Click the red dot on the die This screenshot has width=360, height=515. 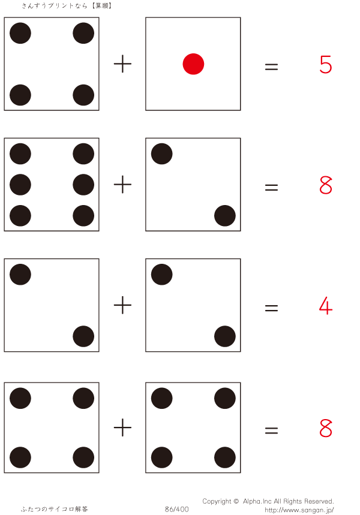click(193, 64)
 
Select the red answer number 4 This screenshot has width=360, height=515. click(326, 306)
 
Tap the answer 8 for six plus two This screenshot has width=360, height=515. click(326, 186)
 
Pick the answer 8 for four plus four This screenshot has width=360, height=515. click(326, 429)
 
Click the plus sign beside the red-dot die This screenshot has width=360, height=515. click(122, 64)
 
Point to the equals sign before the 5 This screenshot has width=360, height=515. click(271, 67)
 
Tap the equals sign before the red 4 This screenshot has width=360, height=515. click(271, 309)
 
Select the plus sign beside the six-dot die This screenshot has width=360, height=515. click(122, 185)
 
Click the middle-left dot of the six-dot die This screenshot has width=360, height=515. click(20, 185)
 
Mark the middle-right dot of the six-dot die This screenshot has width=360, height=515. click(83, 185)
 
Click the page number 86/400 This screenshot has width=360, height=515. click(177, 510)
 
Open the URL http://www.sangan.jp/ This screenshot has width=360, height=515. click(299, 510)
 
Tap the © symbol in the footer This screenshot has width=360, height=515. click(237, 501)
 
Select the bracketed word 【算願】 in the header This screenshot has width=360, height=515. click(101, 5)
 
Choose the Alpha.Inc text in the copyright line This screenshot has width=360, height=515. click(256, 501)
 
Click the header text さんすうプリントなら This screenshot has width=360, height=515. click(54, 5)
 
